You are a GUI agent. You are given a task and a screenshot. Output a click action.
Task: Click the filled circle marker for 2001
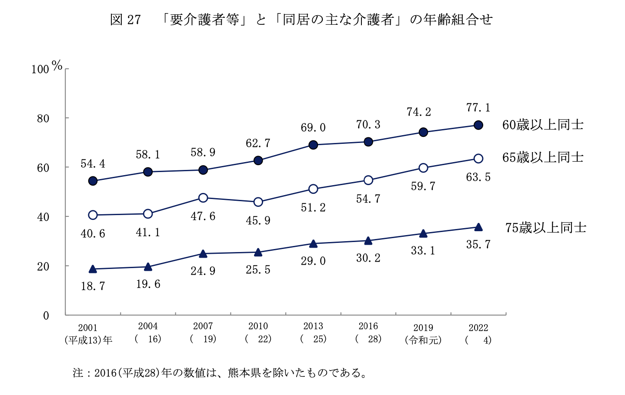click(x=93, y=181)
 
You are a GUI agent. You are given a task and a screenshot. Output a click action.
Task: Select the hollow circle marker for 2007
click(x=203, y=198)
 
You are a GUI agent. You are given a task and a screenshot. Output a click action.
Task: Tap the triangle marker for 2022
click(x=478, y=227)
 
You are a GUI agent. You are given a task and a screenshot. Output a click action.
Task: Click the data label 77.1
click(x=478, y=107)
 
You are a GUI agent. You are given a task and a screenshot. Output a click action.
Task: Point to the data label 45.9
click(x=258, y=221)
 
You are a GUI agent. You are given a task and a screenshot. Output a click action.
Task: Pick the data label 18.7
click(x=93, y=286)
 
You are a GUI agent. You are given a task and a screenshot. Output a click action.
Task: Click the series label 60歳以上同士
click(x=542, y=125)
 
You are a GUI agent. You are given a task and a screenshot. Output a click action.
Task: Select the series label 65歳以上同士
click(x=542, y=157)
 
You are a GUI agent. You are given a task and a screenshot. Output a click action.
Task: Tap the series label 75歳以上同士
click(x=545, y=228)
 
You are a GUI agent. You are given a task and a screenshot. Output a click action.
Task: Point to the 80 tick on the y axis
click(x=43, y=118)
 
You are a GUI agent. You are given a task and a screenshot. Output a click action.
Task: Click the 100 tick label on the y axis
click(x=40, y=70)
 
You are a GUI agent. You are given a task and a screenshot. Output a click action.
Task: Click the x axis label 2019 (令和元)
click(x=423, y=334)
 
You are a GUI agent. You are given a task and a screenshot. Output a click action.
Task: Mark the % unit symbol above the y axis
click(x=57, y=66)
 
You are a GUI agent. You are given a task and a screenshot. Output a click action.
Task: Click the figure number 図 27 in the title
click(x=126, y=20)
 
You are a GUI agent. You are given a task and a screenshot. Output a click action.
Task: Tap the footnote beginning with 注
click(x=220, y=373)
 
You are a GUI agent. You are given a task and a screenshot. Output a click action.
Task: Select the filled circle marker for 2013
click(x=313, y=145)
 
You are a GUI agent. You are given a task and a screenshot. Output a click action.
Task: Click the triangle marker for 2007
click(x=203, y=254)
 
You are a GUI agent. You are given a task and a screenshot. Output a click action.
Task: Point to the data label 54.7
click(x=368, y=199)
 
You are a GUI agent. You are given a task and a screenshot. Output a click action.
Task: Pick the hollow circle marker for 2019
click(x=423, y=168)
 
